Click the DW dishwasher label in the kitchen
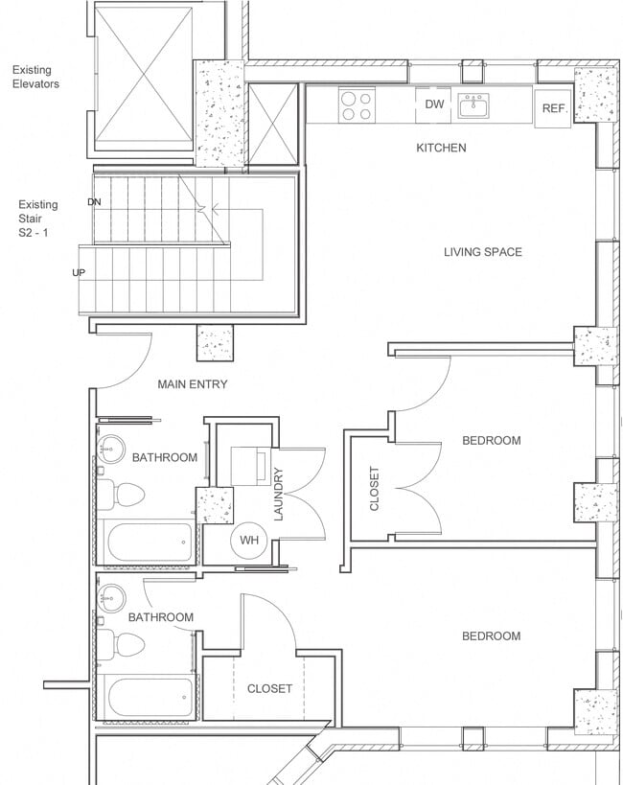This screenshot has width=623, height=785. coord(435,104)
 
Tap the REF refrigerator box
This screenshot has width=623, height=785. coord(553,109)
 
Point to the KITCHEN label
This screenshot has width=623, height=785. coord(441,148)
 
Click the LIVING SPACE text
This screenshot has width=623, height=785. coord(482,252)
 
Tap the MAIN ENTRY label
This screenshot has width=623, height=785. coord(193,384)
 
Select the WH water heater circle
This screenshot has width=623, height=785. coord(249,541)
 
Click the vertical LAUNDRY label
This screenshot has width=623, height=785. coord(279,493)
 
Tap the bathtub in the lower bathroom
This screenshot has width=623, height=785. coord(150,699)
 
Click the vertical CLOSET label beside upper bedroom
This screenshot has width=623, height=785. coord(374,488)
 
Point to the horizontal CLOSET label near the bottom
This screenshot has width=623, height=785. coord(269,688)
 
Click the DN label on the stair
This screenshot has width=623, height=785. coord(94,202)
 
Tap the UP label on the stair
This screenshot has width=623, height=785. coord(79,273)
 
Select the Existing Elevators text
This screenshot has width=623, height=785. coord(35,77)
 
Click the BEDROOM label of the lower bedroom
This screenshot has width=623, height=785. coord(491,635)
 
